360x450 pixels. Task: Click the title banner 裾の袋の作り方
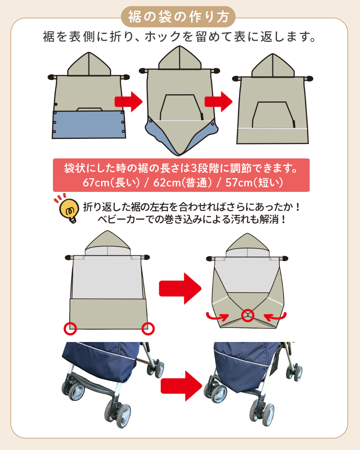pos(178,17)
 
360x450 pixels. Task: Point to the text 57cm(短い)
pos(254,183)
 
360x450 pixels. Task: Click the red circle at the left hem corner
pos(70,328)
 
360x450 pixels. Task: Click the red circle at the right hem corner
pos(148,328)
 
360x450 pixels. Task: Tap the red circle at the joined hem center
pos(248,316)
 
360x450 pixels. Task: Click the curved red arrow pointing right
pos(217,317)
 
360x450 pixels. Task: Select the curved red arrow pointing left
pos(275,317)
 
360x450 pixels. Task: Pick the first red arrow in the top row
pos(129,102)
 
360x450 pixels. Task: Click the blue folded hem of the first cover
pos(89,125)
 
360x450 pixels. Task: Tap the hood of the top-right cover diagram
pos(273,67)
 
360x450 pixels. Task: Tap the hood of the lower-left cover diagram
pos(108,242)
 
